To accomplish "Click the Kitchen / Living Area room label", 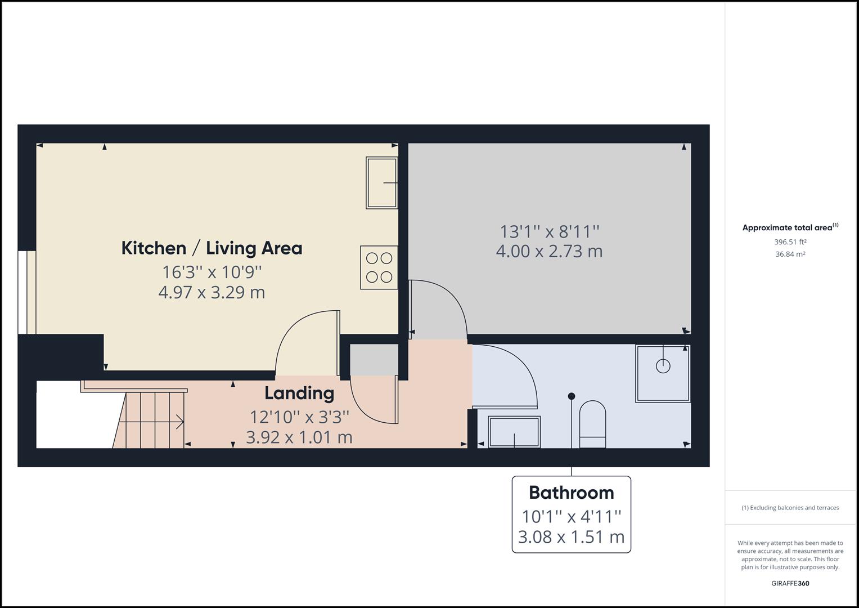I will tap(212, 248).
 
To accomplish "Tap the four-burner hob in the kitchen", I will tap(379, 267).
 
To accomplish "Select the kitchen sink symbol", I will tap(381, 183).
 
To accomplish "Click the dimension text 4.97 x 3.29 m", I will tap(212, 292).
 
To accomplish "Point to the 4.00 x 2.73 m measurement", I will tap(549, 251).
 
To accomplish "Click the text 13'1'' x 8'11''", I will tap(549, 231).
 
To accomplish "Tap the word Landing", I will tap(299, 393).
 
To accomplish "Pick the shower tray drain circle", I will tap(663, 365).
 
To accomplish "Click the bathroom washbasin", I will tap(514, 432).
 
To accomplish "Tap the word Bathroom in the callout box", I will tap(571, 493).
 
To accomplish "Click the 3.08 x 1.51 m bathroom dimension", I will tap(571, 537).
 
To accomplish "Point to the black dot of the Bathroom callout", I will tap(572, 396).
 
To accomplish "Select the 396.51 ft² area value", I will tap(790, 242).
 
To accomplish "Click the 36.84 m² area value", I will tap(790, 254).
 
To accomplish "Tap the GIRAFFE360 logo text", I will tap(790, 583).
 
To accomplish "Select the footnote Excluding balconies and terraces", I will tap(790, 508).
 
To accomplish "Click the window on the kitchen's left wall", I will tap(26, 292).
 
